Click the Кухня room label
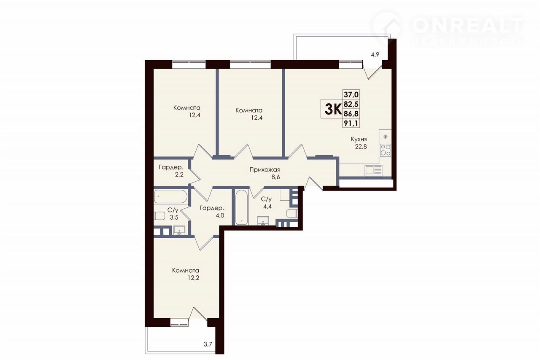pos(359,140)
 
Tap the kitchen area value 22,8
pos(361,147)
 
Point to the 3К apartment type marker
pos(333,109)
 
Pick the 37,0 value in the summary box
pos(351,94)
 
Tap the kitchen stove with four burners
pos(385,150)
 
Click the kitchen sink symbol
pos(373,170)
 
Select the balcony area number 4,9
pos(375,55)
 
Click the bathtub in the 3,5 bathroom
pos(170,197)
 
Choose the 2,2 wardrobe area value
pos(179,175)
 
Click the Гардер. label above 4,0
pos(212,208)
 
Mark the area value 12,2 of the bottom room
pos(194,278)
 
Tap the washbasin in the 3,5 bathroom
pos(179,230)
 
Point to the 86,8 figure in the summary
pos(351,114)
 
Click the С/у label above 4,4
pos(266,199)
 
